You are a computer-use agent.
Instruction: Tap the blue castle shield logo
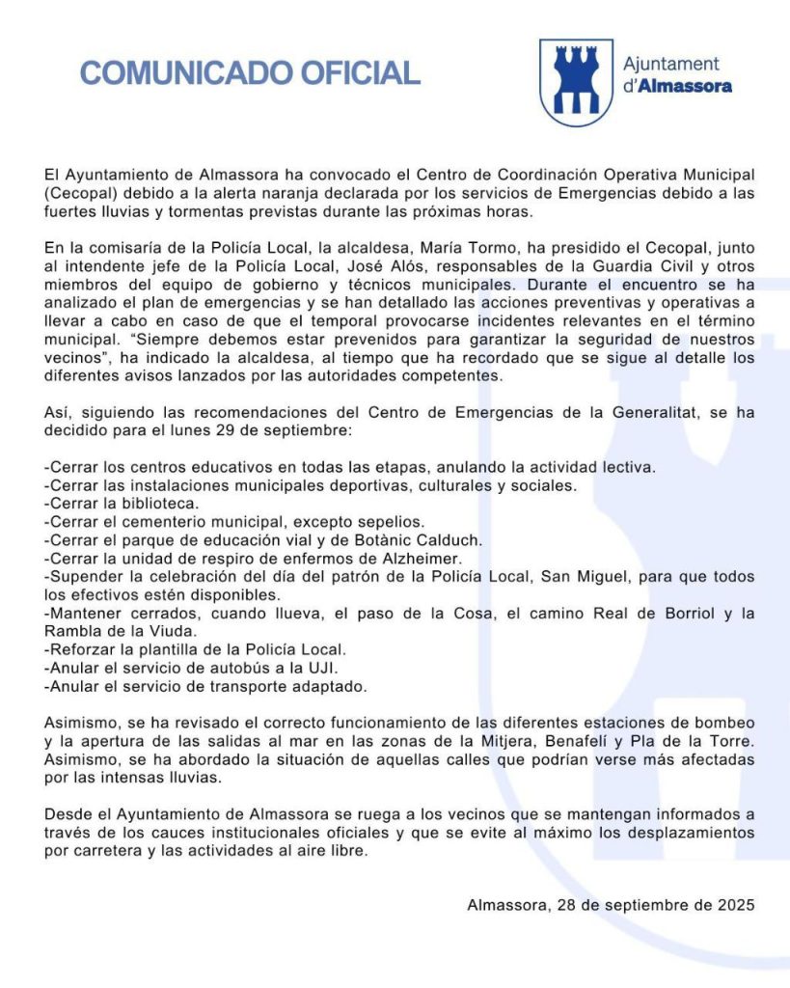tap(576, 82)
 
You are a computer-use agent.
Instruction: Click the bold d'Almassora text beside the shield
tap(677, 86)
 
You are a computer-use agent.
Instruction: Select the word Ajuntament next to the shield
tap(671, 64)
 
